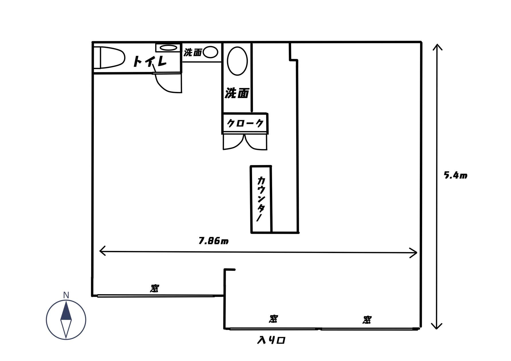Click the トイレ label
click(150, 61)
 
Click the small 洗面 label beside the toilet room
click(193, 52)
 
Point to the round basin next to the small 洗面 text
click(210, 52)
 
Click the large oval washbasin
click(237, 61)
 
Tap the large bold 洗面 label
click(237, 93)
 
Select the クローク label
click(245, 123)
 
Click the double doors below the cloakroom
click(245, 142)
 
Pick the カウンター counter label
click(261, 199)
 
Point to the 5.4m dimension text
click(455, 175)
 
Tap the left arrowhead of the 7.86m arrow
click(102, 250)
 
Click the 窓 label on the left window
click(155, 288)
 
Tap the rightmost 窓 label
click(367, 319)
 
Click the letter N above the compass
click(66, 295)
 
